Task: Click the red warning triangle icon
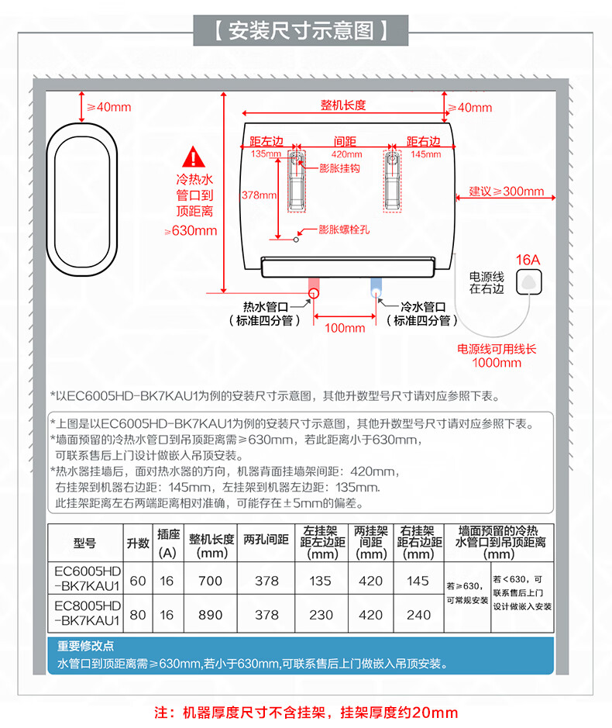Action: pos(191,160)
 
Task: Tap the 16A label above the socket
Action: pos(528,260)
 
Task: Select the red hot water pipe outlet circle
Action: pos(314,292)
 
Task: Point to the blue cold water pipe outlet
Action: pos(376,292)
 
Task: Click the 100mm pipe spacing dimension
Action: pos(345,328)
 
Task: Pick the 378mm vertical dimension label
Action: pos(259,195)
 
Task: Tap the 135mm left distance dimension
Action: pos(266,154)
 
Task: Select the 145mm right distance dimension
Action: pos(425,154)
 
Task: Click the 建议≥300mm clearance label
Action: pos(506,191)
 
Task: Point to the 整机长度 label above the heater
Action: pos(343,105)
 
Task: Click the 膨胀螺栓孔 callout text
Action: pos(345,229)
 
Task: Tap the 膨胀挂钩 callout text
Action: pos(339,167)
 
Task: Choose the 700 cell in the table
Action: pos(210,581)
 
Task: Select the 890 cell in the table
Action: pos(210,615)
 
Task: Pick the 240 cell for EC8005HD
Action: pos(419,615)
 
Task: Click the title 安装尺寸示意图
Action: pos(305,31)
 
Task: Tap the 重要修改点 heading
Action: pos(86,646)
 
